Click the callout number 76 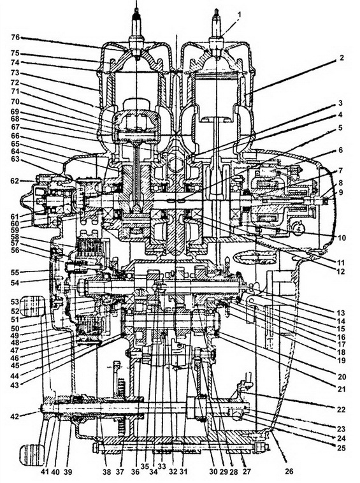coord(15,37)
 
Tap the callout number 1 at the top coord(240,15)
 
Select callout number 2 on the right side coord(342,57)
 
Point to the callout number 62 coord(15,181)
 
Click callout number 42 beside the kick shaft coord(15,417)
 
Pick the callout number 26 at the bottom coord(289,472)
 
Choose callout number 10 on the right coord(342,238)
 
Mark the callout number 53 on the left coord(15,301)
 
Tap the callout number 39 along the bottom coord(68,472)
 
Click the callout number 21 coord(342,389)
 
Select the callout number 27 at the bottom coord(247,472)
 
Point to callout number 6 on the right coord(340,150)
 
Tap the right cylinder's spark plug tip coord(217,12)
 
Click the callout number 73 coord(15,73)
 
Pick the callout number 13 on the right coord(342,312)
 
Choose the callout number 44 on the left coord(15,376)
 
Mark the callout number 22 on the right coord(342,410)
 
